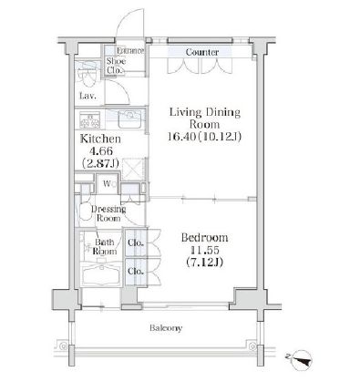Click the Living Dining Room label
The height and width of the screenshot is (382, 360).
(x=205, y=119)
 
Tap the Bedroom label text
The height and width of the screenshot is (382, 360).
(x=204, y=237)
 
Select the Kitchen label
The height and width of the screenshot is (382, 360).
(x=100, y=139)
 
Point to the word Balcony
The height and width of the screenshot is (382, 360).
(x=166, y=328)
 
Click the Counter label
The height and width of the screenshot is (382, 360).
(x=202, y=52)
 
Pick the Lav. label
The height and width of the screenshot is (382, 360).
(x=88, y=96)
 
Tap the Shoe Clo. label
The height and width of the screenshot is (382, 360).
(x=116, y=66)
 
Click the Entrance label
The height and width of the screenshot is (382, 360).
(x=130, y=50)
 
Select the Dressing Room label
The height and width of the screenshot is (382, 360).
(x=108, y=213)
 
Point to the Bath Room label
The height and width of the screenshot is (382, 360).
(x=105, y=246)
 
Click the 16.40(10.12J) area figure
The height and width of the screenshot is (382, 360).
(x=204, y=137)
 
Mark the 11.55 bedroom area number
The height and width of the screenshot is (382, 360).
(x=204, y=250)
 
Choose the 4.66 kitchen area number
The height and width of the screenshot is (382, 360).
(x=100, y=151)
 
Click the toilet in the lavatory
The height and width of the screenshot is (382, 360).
(x=87, y=78)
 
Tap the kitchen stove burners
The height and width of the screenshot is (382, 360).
(x=89, y=120)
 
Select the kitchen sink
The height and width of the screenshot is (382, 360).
(x=129, y=119)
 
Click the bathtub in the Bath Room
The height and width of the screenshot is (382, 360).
(x=102, y=274)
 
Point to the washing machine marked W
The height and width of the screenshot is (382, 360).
(x=107, y=183)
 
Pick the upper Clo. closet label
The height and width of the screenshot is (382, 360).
(x=136, y=243)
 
